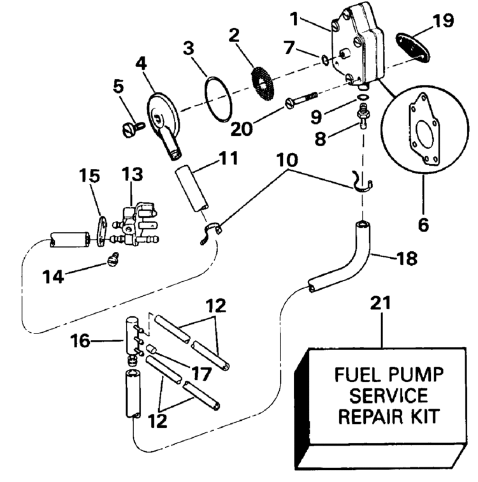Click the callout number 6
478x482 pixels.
[423, 224]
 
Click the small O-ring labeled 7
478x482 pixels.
[324, 61]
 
